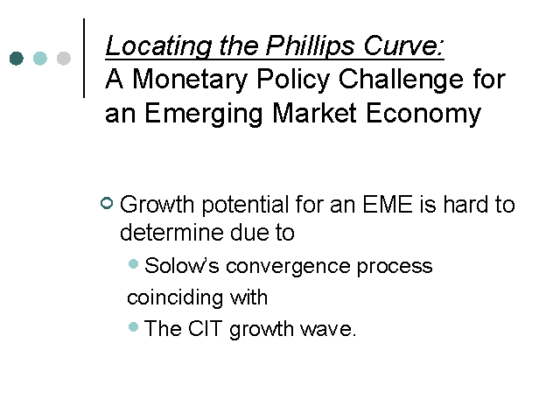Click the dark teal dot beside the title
[x=17, y=59]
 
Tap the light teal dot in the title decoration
[x=40, y=59]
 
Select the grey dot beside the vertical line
[x=64, y=59]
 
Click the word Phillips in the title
[x=311, y=46]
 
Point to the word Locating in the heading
[x=158, y=46]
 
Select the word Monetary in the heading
[x=190, y=80]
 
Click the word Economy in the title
[x=423, y=114]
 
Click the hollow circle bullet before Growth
[x=107, y=203]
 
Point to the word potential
[x=245, y=206]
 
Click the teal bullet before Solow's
[x=133, y=264]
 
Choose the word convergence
[x=288, y=267]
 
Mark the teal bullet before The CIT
[x=133, y=326]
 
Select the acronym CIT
[x=205, y=329]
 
